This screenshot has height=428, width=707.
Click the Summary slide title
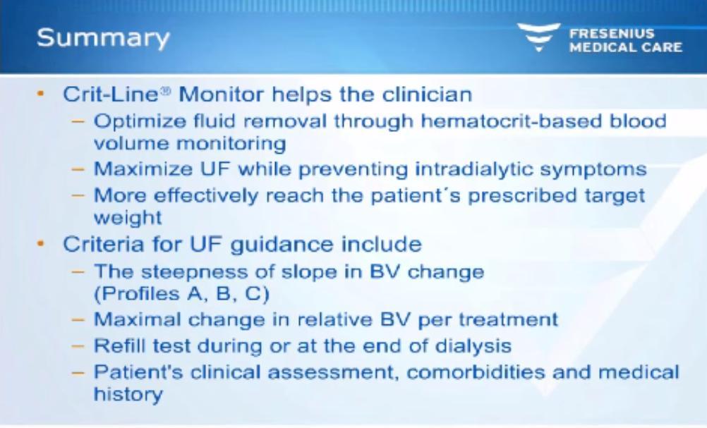pos(103,38)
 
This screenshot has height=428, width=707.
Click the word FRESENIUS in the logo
pos(612,33)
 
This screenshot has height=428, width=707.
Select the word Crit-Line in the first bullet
pos(111,94)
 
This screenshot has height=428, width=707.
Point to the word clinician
pos(427,94)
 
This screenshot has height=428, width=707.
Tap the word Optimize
pos(140,122)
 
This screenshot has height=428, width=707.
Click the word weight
pos(128,218)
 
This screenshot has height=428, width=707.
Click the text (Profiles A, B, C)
pos(182,294)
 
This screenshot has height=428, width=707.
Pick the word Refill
pos(119,346)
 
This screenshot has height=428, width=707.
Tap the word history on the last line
pos(128,394)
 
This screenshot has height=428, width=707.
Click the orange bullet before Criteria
pos(41,244)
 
